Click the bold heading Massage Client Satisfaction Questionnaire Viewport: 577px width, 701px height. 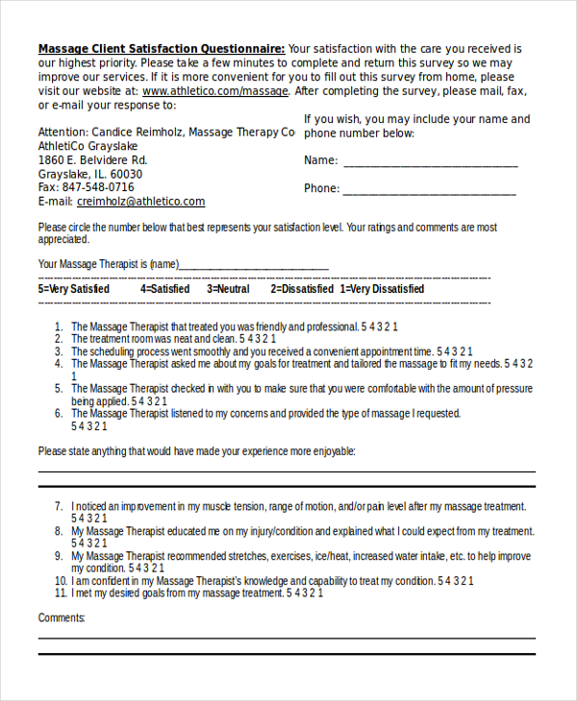pyautogui.click(x=161, y=48)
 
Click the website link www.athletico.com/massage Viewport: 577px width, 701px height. pyautogui.click(x=214, y=91)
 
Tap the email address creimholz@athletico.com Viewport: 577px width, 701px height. pyautogui.click(x=140, y=202)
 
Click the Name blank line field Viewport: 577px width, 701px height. pyautogui.click(x=430, y=161)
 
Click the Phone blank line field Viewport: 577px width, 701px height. pyautogui.click(x=429, y=189)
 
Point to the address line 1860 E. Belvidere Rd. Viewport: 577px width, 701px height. pyautogui.click(x=92, y=159)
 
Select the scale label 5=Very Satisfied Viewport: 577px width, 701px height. pyautogui.click(x=74, y=289)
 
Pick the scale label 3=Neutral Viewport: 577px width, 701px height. pyautogui.click(x=228, y=289)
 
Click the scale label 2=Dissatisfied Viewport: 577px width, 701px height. pyautogui.click(x=302, y=289)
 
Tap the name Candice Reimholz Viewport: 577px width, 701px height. pyautogui.click(x=137, y=132)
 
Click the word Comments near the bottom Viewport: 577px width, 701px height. pyautogui.click(x=62, y=617)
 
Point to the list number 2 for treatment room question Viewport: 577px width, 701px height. pyautogui.click(x=59, y=339)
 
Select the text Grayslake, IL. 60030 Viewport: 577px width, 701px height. pyautogui.click(x=89, y=174)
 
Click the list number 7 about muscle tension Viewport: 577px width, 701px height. pyautogui.click(x=59, y=506)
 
